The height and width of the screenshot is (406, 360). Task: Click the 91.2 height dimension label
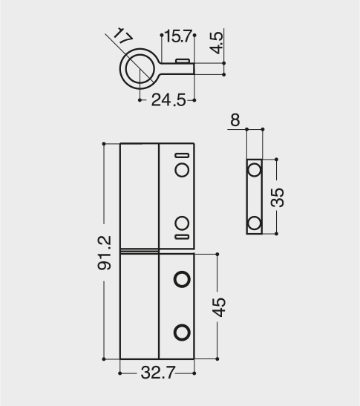click(105, 252)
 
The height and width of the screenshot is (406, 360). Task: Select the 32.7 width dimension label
click(158, 373)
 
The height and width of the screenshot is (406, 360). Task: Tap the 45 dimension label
click(219, 307)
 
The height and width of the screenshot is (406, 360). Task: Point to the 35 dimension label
click(277, 197)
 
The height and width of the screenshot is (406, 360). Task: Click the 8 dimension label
click(235, 120)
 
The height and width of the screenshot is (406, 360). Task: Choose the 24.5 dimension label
click(168, 100)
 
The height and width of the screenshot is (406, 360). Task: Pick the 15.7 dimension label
click(178, 36)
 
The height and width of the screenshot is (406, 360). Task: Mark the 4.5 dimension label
click(217, 43)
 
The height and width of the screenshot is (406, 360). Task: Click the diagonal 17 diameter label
click(122, 36)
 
